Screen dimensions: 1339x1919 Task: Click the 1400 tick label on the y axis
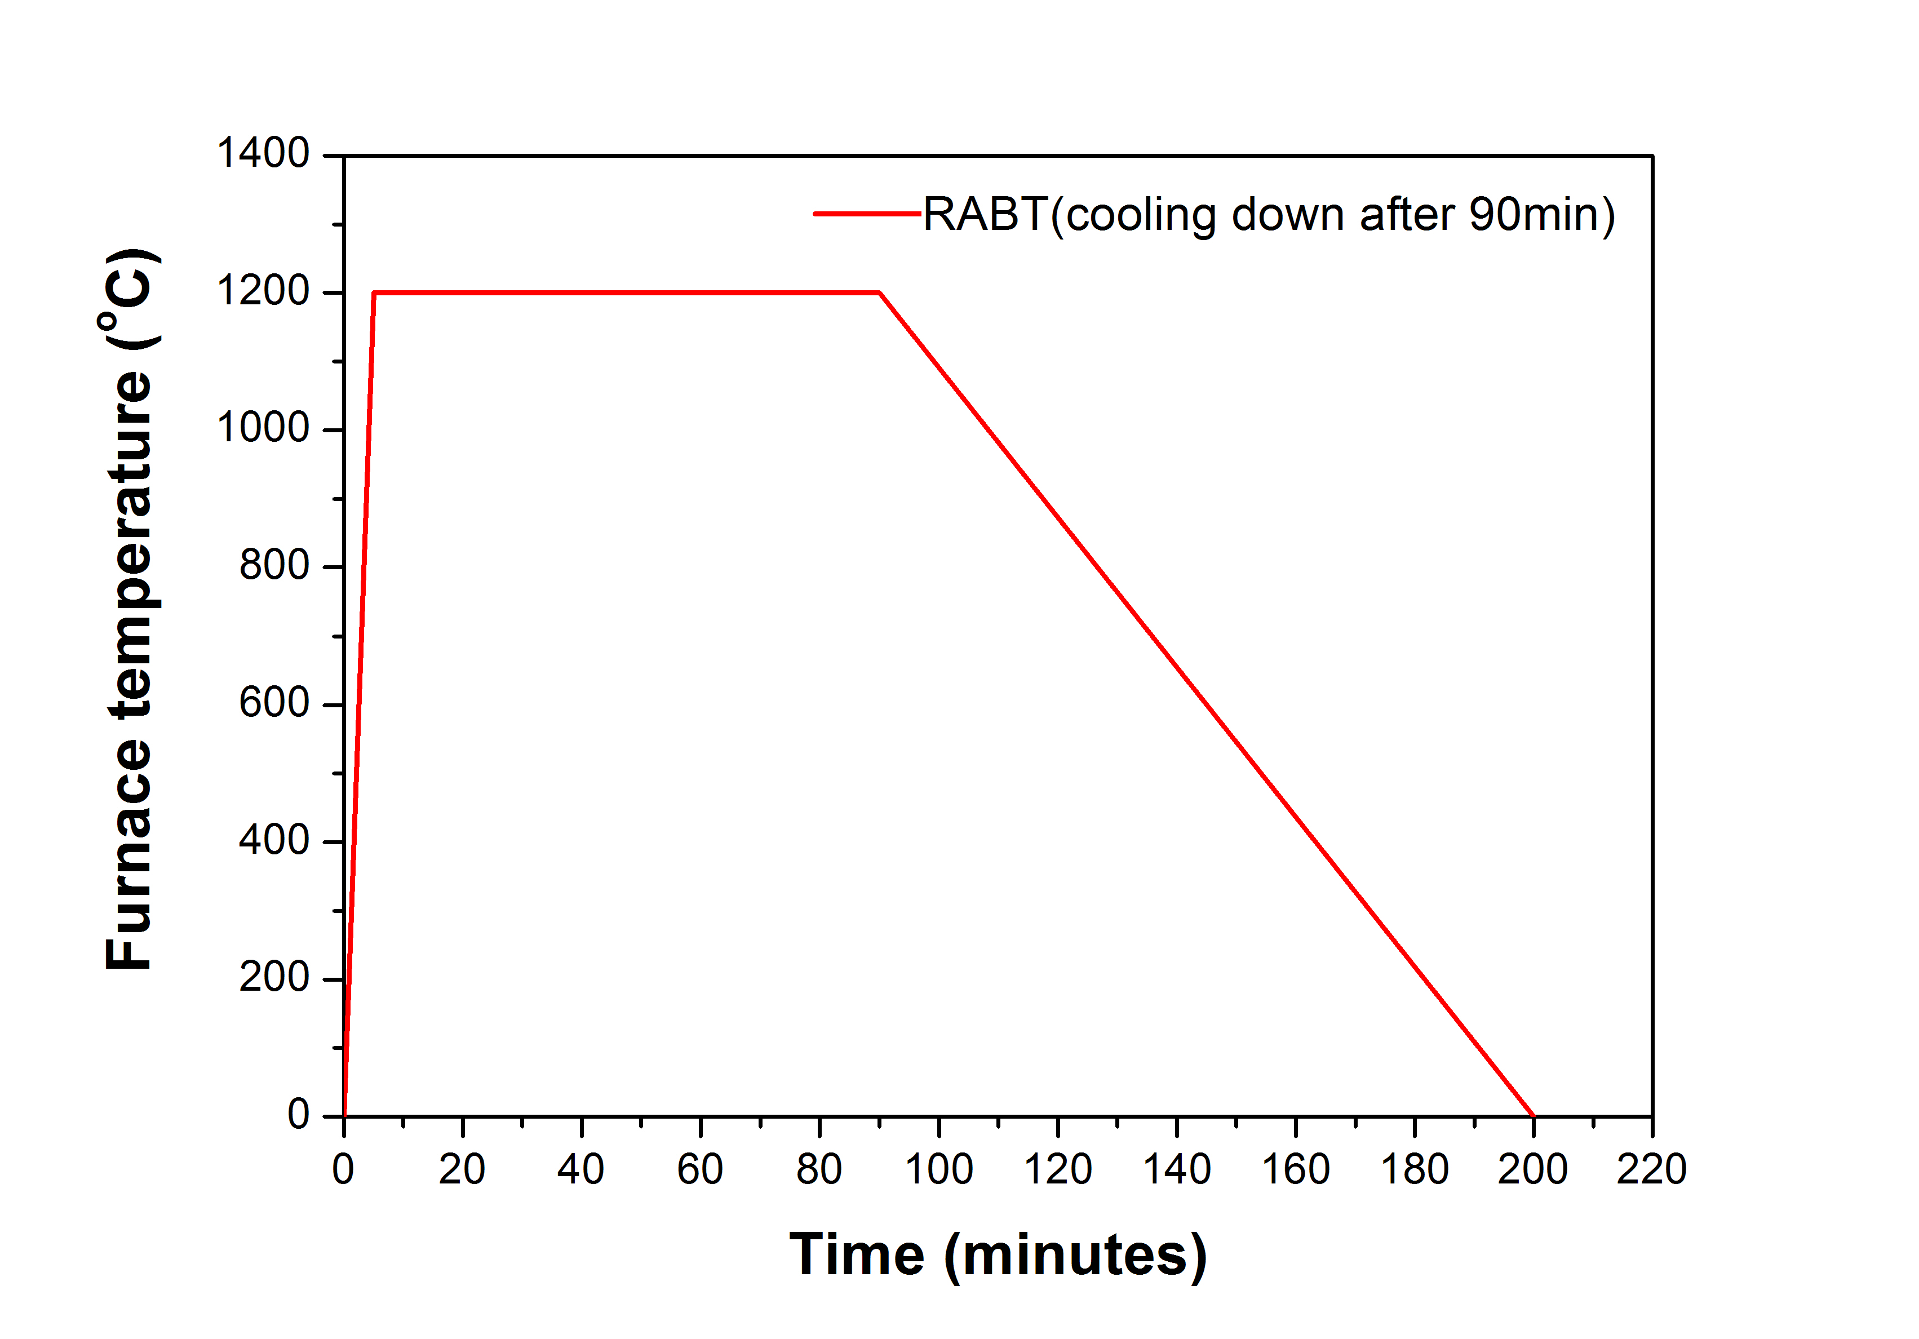[263, 154]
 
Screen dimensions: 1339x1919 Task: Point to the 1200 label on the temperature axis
[263, 292]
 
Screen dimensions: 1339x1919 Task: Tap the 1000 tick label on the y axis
[263, 429]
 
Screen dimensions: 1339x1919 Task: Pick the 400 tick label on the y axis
[274, 840]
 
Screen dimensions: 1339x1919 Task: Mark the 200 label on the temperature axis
[274, 977]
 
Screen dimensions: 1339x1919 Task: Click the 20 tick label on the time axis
[462, 1169]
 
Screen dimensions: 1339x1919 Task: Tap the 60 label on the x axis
[699, 1169]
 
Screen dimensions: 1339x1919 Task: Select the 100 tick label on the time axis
[938, 1169]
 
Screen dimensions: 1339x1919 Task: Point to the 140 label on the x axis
[1176, 1169]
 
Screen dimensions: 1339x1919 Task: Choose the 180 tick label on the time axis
[1414, 1169]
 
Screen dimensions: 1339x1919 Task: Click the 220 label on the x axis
[1651, 1169]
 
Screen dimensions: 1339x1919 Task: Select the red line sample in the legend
[867, 214]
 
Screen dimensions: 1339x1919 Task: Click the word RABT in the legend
[985, 215]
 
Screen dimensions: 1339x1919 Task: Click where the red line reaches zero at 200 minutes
[1533, 1115]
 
